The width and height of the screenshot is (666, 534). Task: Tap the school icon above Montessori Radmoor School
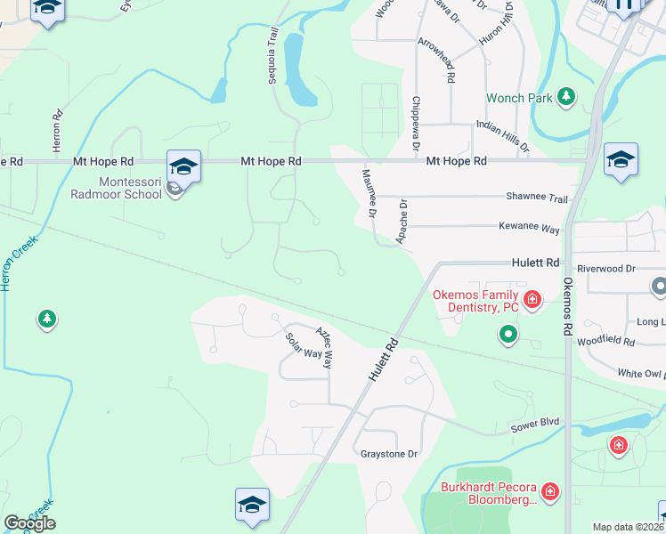183,166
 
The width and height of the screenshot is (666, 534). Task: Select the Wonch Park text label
518,97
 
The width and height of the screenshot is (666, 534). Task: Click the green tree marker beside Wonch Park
565,97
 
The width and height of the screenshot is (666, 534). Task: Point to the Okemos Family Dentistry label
475,301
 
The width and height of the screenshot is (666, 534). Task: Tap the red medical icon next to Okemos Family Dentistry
532,300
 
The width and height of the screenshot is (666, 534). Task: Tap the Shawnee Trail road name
536,198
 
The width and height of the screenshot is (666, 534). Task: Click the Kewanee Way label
529,229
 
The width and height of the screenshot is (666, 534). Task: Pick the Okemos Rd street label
566,305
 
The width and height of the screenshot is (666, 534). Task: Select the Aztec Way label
327,348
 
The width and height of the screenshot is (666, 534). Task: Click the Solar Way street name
303,345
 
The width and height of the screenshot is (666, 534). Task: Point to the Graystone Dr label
388,454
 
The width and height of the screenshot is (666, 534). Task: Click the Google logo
29,523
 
